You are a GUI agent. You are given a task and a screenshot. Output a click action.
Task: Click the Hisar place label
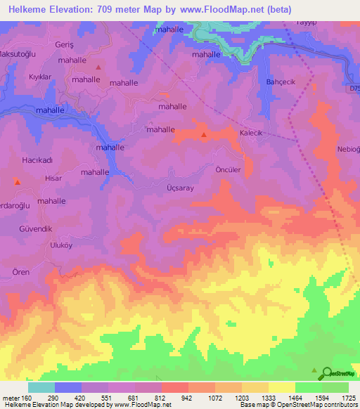point(53,178)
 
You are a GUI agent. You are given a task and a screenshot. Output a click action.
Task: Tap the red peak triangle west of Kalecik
point(204,134)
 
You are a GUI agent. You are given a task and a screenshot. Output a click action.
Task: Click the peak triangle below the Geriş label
point(98,67)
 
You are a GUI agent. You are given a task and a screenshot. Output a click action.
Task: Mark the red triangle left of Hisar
point(18,182)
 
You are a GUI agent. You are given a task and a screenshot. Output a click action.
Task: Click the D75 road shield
point(353,89)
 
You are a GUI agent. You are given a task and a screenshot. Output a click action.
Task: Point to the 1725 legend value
point(348,398)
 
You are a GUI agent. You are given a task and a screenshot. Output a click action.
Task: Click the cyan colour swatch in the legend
point(41,387)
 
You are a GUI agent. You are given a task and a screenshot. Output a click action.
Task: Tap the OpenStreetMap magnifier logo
point(327,374)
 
